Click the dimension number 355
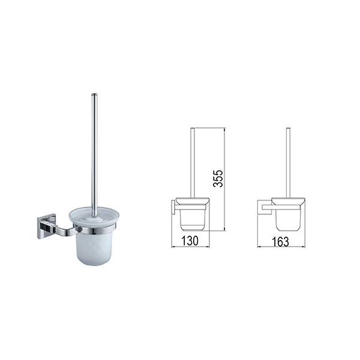(218, 179)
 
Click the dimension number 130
(190, 241)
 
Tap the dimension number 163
(280, 242)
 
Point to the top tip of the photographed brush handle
(94, 94)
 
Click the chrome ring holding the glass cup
(95, 230)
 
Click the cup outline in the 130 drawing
(192, 219)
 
